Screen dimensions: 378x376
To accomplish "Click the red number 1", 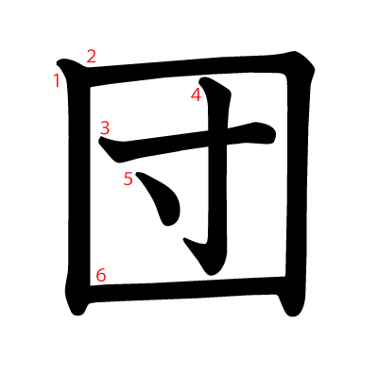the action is point(57,80).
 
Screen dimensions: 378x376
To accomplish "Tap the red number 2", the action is point(91,57).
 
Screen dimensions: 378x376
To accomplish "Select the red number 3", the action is point(105,128).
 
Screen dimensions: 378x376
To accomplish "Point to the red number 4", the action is point(196,94).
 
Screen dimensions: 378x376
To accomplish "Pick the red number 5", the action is point(129,179).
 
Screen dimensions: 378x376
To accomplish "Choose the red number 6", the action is point(101,275).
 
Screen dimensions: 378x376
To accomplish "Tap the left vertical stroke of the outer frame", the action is point(78,189).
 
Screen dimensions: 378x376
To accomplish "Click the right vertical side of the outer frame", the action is point(297,182).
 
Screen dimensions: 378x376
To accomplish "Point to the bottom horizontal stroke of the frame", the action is point(182,289).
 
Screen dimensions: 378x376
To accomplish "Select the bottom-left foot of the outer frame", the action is point(77,310).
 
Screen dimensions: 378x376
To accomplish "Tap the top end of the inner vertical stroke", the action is point(205,81).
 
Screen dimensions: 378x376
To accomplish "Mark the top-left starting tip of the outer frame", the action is point(59,62).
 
